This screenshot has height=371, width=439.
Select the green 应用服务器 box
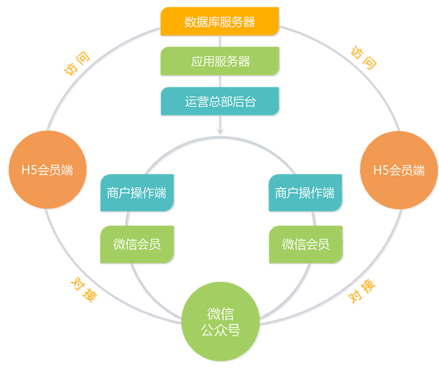tap(219, 61)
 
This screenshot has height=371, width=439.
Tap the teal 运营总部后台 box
tap(219, 101)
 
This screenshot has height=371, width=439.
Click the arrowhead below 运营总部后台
tap(221, 131)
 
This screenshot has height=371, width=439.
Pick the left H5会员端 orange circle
tap(47, 171)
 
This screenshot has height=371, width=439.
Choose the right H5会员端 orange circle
tap(399, 171)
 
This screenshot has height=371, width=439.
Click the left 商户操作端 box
tap(137, 193)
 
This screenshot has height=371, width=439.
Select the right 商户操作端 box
tap(305, 193)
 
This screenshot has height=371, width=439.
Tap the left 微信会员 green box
tap(137, 244)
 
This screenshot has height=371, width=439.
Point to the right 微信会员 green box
tap(305, 244)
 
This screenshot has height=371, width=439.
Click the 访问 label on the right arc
tap(363, 58)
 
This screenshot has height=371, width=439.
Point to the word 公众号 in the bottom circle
tap(221, 329)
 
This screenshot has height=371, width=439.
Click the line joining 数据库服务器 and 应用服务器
tap(221, 41)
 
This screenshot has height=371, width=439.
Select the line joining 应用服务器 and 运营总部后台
tap(221, 81)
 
